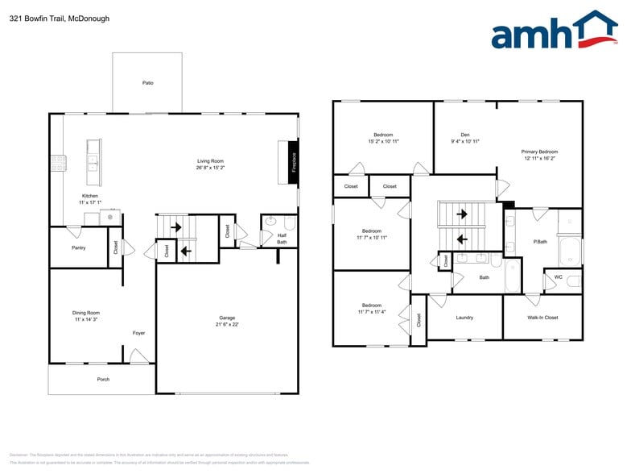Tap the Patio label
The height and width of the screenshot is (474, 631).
coord(147,83)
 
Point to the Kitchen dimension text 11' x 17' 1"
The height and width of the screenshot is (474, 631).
coord(90,202)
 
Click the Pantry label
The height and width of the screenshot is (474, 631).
coord(78,247)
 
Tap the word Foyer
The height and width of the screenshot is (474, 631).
coord(139,333)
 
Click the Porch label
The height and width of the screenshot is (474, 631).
coord(103,379)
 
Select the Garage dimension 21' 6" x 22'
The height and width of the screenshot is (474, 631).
coord(227,325)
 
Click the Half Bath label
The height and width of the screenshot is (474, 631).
coord(282,238)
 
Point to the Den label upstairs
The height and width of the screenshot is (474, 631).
coord(465,135)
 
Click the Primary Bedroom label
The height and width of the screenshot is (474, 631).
coord(539,152)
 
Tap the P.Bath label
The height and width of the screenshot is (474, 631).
coord(540,242)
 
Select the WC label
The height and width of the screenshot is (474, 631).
coord(558,277)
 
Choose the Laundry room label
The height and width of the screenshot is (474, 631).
coord(464,318)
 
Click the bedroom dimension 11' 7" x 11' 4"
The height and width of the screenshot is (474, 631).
coord(372,312)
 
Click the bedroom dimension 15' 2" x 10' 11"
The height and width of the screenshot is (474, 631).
coord(383,141)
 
